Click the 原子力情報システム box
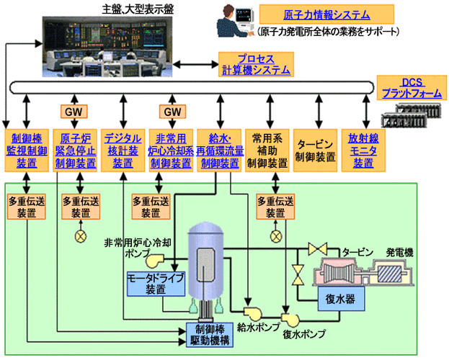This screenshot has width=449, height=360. pos(326,14)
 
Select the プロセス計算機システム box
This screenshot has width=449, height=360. pos(255,64)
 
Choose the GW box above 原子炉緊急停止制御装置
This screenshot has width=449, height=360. pos(74,112)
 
